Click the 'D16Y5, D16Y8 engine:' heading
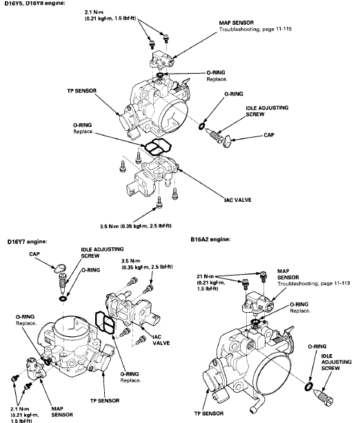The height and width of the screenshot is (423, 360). (35, 3)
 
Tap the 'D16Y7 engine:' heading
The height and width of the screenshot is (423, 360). (28, 241)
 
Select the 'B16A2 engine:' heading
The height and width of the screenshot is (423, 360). (210, 239)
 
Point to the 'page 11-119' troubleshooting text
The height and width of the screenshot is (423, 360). (337, 284)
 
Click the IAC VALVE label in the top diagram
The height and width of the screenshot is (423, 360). (238, 200)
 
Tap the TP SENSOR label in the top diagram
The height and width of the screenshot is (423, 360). (82, 91)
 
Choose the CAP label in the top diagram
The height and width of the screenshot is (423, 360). (269, 135)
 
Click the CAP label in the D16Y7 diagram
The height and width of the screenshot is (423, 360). (34, 254)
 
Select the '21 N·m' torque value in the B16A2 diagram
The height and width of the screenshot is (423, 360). (206, 276)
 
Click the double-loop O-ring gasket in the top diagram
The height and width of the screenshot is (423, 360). (158, 147)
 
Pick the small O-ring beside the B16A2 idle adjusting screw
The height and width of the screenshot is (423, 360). (309, 386)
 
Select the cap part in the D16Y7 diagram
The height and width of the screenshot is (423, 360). (60, 268)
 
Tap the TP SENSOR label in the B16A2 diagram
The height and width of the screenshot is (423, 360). (209, 413)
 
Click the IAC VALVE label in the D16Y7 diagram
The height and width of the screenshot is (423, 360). (161, 340)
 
